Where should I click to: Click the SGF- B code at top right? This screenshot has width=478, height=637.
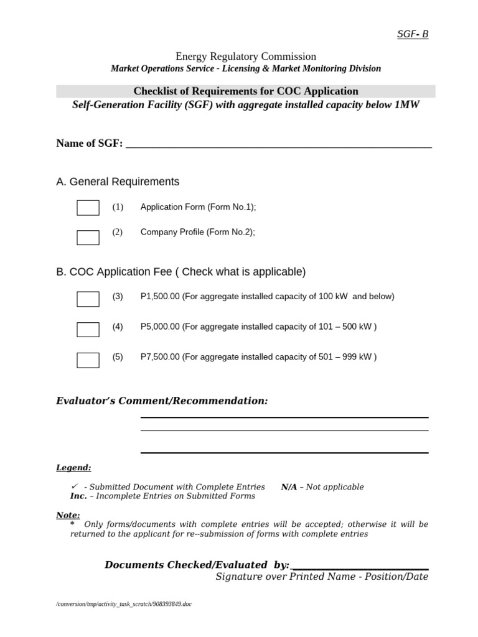(413, 34)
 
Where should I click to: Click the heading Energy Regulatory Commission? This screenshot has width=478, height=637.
(245, 57)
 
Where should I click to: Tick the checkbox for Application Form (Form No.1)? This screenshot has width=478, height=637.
(88, 208)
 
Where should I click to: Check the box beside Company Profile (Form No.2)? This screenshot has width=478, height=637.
(88, 237)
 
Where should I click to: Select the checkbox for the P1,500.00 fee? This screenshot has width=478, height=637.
(88, 299)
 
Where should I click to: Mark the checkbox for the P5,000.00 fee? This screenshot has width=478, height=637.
(88, 330)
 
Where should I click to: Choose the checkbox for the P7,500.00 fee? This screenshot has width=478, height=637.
(88, 360)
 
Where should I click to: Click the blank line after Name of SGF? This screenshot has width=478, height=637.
(278, 146)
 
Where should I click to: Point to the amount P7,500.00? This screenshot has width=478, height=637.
(160, 357)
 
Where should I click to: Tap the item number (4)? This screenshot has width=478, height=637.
(118, 327)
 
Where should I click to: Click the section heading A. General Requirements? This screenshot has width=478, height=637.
(118, 182)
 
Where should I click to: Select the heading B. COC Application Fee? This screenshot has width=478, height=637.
(180, 272)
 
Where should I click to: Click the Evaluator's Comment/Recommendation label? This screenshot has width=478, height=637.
(162, 401)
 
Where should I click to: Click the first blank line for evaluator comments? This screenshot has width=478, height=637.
(284, 417)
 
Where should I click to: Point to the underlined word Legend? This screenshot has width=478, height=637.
(73, 467)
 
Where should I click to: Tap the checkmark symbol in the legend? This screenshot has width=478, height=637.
(75, 486)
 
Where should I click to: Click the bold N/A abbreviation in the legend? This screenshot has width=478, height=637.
(289, 487)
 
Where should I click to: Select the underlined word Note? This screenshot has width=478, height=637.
(68, 515)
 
